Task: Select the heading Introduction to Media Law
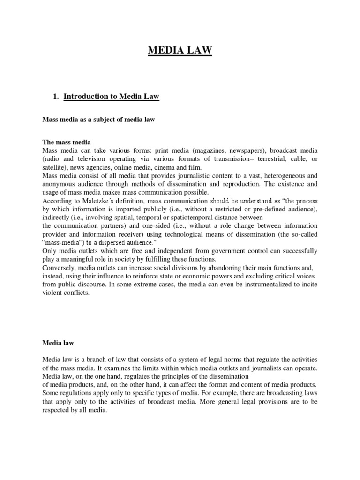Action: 112,97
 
